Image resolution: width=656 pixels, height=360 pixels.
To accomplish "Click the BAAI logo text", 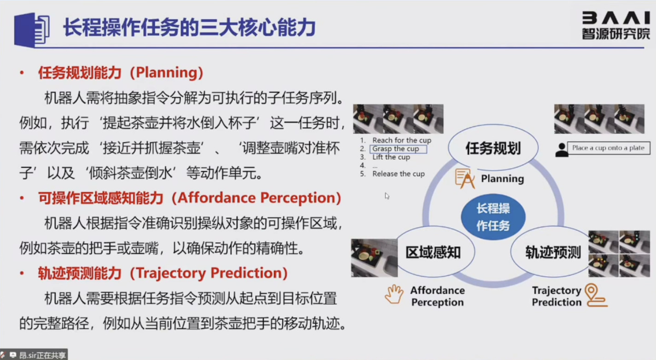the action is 616,18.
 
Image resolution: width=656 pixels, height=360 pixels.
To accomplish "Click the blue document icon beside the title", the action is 32,30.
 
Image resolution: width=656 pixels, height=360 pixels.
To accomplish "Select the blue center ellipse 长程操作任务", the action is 493,217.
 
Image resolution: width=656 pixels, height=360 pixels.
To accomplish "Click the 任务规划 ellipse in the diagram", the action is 493,148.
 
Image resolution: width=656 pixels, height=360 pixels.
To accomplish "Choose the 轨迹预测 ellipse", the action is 552,252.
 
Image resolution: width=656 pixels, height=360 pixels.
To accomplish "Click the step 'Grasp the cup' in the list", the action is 396,149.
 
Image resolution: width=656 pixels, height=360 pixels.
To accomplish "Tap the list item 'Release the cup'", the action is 398,174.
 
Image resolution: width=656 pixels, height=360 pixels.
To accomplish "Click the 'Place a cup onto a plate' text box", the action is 609,148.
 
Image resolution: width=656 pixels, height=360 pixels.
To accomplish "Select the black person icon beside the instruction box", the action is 562,150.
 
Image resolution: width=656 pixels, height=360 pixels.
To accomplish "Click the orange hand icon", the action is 394,294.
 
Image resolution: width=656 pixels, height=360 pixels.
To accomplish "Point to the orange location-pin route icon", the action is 596,295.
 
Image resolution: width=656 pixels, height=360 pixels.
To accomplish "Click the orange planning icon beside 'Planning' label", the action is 465,178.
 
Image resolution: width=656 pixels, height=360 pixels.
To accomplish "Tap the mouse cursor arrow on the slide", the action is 387,196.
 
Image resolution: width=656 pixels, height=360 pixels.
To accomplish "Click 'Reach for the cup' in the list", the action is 402,140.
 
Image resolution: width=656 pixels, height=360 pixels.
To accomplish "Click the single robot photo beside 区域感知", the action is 374,258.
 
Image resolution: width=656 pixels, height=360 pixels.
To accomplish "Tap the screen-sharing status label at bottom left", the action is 34,355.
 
